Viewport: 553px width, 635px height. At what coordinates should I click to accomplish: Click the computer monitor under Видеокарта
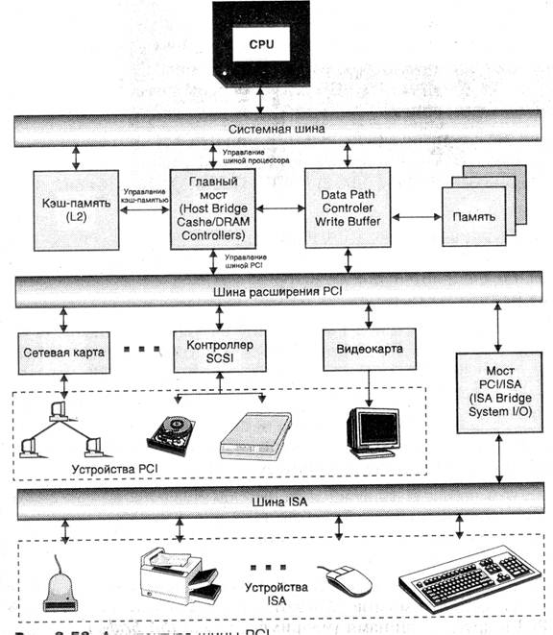pos(372,429)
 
